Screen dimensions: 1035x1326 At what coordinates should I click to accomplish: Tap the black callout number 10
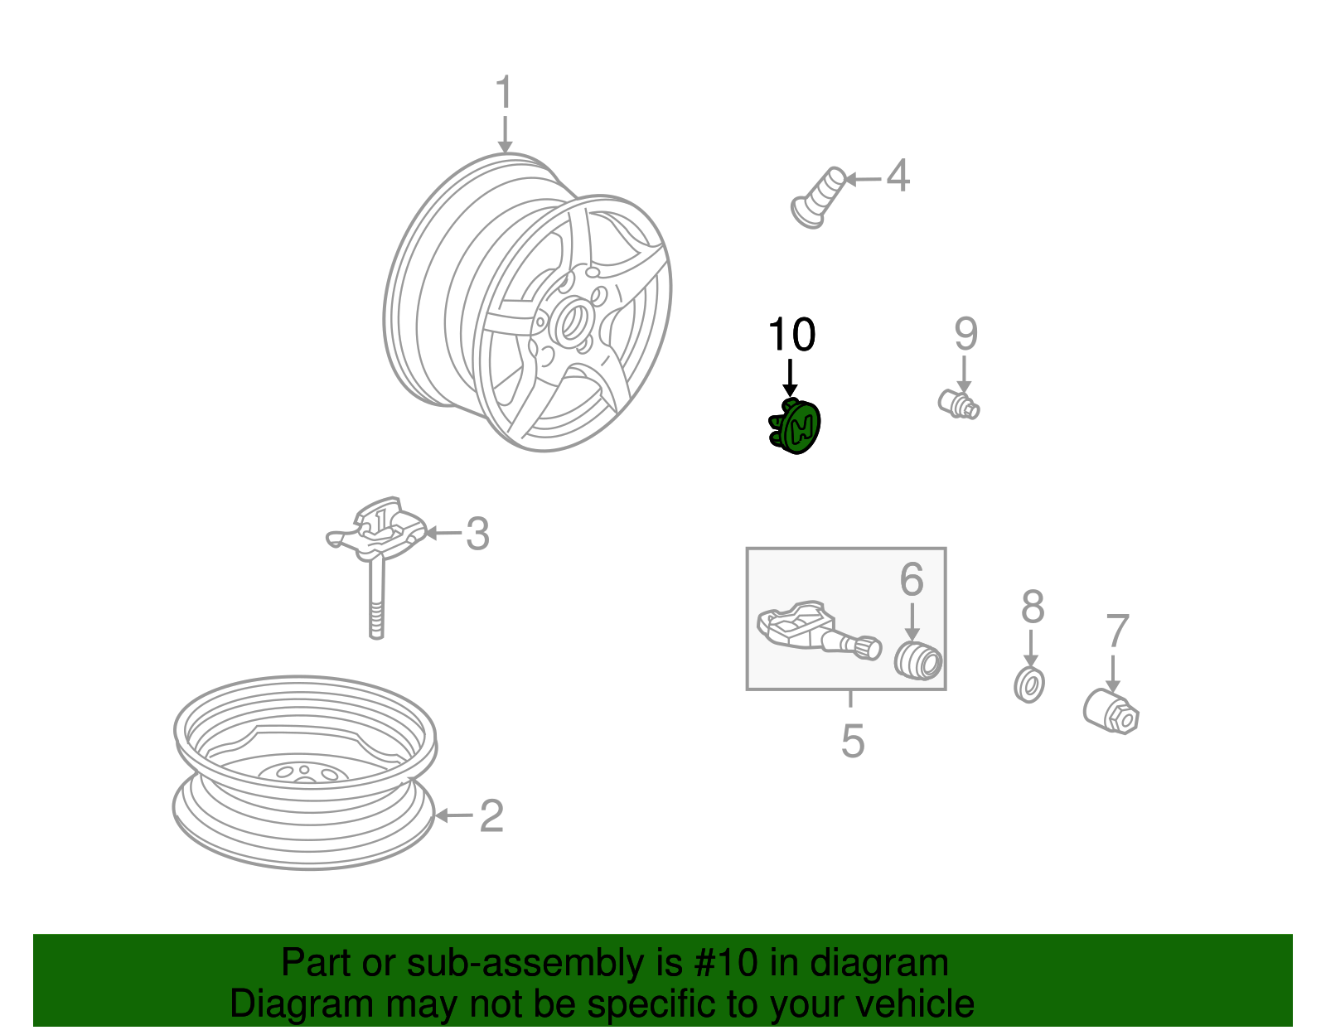[x=791, y=334]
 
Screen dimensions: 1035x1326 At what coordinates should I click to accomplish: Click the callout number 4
[x=898, y=177]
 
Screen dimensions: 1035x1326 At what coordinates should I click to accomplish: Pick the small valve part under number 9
[x=960, y=404]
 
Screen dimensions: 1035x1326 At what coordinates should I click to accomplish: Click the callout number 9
[x=965, y=333]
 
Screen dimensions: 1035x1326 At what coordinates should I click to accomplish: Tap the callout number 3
[x=477, y=534]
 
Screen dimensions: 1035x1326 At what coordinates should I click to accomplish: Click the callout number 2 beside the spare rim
[x=491, y=816]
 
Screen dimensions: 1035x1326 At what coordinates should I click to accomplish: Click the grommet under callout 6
[x=918, y=660]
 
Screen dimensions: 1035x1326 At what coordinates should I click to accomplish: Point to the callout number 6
[x=912, y=579]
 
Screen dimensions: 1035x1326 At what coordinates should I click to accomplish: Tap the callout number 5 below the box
[x=852, y=741]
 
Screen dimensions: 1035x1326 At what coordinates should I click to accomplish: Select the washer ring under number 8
[x=1029, y=684]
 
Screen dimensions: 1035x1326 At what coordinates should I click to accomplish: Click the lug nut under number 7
[x=1111, y=711]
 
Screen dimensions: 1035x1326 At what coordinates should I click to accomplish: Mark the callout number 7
[x=1117, y=632]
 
